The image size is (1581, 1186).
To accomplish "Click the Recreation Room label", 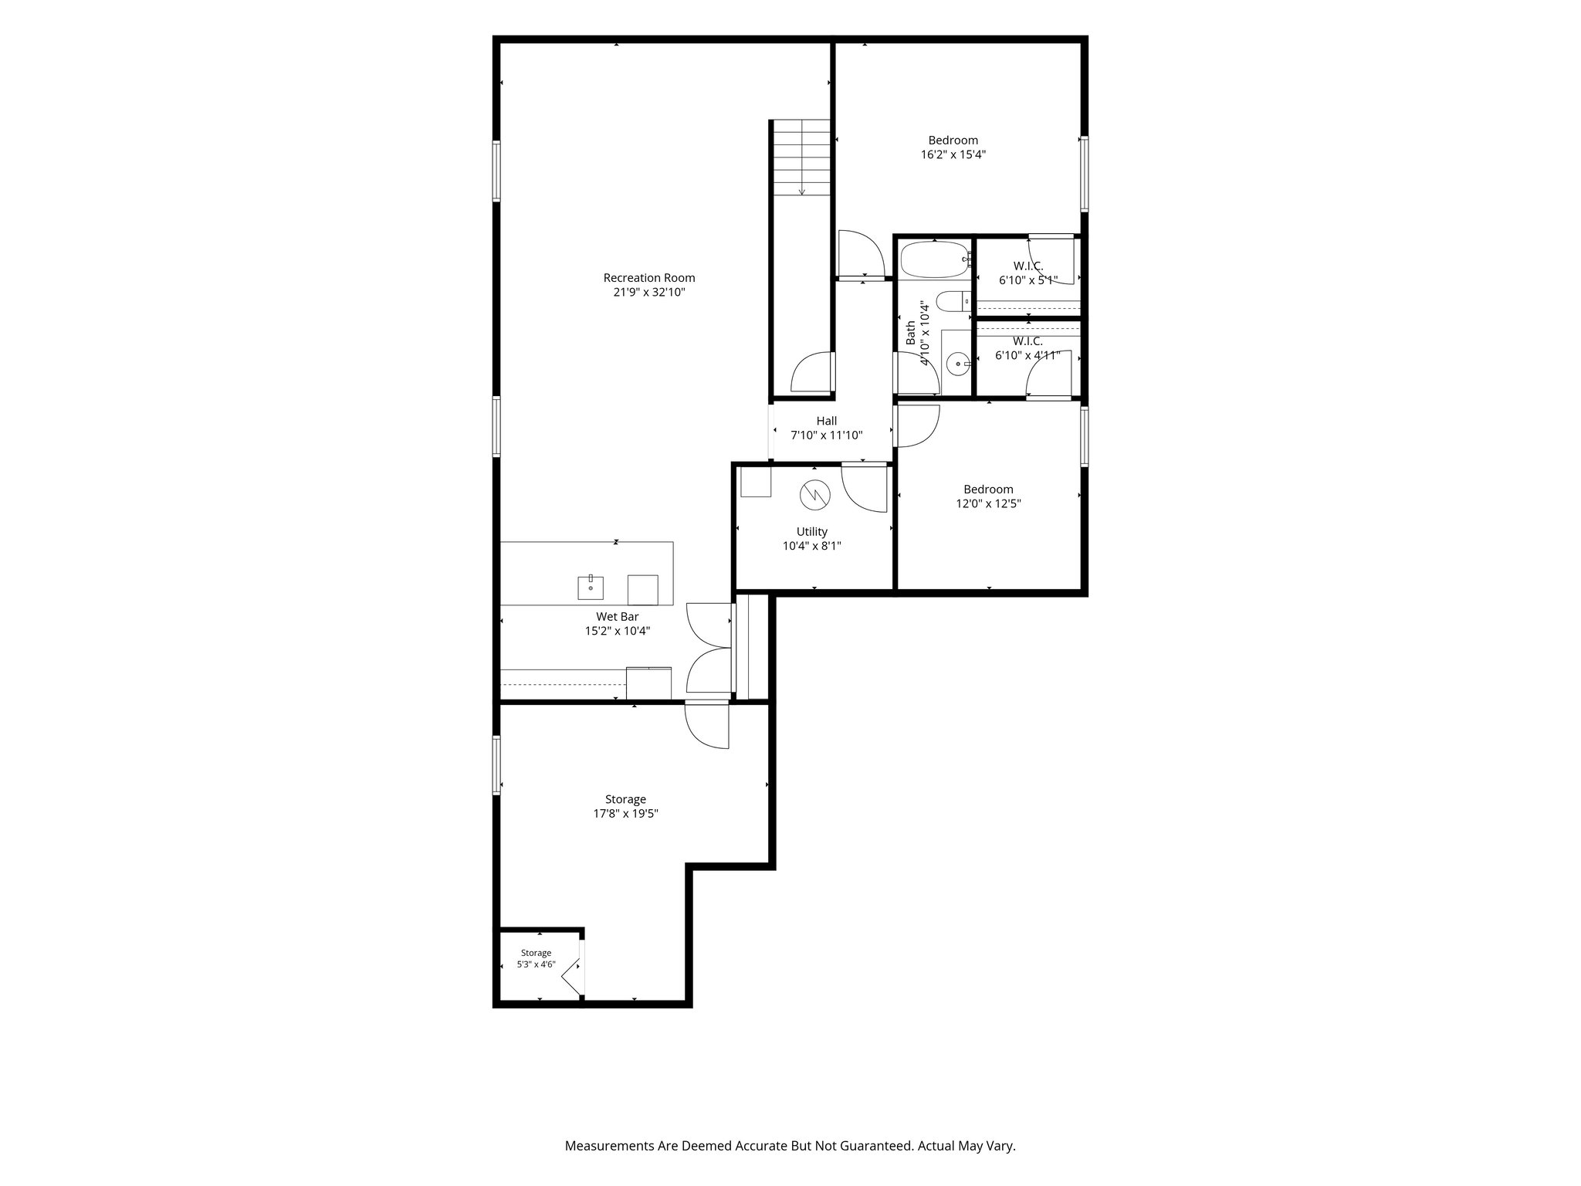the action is point(649,278).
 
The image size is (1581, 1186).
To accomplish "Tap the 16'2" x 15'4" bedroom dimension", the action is point(953,154).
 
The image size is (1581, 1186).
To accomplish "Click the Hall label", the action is point(827,421).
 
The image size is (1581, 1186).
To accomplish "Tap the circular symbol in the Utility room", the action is point(814,495).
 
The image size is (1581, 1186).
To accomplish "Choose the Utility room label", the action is point(812,531).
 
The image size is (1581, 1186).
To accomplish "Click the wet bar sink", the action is point(591,588).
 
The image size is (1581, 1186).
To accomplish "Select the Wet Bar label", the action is point(618,617).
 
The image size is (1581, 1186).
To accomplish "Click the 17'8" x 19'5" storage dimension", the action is point(625,814).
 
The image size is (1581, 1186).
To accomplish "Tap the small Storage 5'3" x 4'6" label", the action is point(537,958).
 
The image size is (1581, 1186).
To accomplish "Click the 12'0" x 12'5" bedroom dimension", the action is point(988,503).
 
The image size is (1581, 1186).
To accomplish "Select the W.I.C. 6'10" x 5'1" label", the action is point(1028,273).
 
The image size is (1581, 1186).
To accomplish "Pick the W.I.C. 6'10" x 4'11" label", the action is point(1027,348).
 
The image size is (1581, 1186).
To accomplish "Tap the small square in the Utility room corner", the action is point(756,482).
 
